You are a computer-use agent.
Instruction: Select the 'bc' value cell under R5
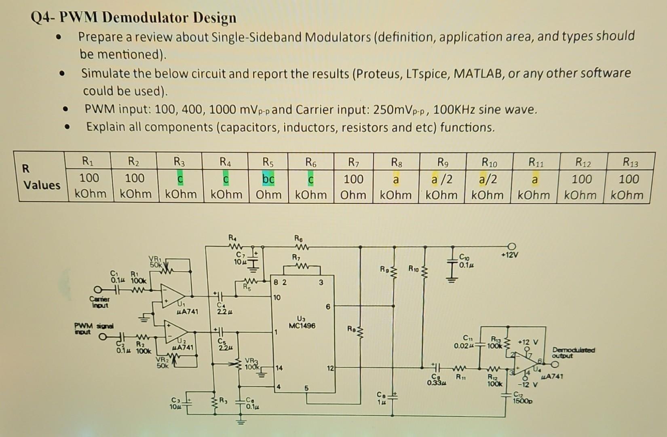click(268, 179)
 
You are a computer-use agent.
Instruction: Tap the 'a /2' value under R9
click(442, 179)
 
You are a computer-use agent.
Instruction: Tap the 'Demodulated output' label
click(573, 352)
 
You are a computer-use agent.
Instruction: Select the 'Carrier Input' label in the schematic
click(99, 302)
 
